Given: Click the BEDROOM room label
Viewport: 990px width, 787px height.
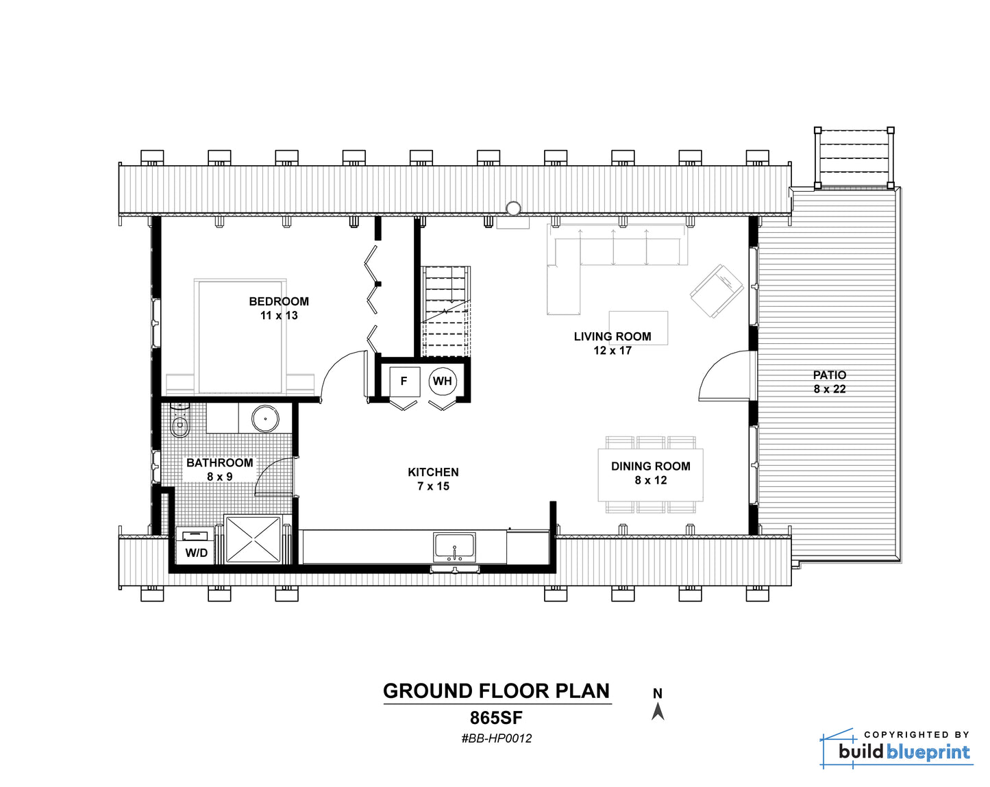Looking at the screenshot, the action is click(279, 301).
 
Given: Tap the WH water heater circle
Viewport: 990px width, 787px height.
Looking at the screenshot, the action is click(443, 381).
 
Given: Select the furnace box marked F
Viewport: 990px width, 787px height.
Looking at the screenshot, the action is click(404, 382).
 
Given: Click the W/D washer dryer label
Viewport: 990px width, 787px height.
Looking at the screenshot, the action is click(197, 553).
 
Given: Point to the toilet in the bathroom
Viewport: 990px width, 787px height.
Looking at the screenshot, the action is click(179, 421).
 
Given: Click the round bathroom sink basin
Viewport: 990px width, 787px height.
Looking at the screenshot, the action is click(265, 419).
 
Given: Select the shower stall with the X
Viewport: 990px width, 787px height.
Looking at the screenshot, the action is click(253, 539).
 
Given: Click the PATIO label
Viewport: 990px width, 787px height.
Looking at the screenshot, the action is click(830, 375).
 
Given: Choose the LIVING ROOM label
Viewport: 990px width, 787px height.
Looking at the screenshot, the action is click(612, 336).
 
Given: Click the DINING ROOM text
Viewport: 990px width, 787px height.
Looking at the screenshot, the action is click(650, 466).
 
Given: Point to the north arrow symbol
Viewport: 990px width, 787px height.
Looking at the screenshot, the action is click(658, 712).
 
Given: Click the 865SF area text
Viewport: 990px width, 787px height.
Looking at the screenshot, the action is click(497, 718).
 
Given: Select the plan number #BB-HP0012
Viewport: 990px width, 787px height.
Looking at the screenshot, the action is click(497, 738).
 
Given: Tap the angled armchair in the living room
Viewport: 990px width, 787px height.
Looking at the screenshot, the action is click(717, 290).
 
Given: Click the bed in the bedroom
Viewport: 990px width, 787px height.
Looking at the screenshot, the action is click(240, 337).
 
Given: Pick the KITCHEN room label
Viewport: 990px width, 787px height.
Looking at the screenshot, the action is click(433, 472).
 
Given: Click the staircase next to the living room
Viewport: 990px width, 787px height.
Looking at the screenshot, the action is click(446, 311).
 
